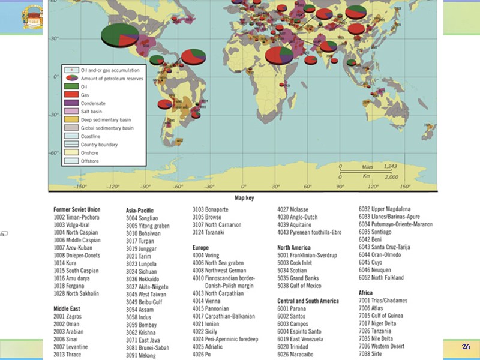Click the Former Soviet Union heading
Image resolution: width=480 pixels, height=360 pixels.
point(77,209)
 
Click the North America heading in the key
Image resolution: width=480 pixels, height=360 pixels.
point(294,247)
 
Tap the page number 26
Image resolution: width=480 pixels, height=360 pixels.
point(466,347)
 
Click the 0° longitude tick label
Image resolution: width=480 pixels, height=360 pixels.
point(243,187)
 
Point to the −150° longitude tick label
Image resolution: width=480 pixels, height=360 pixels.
point(80,187)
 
